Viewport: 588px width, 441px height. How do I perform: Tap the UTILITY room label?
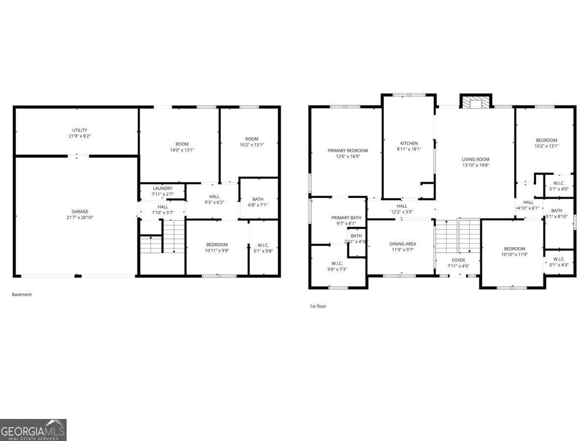click(80, 130)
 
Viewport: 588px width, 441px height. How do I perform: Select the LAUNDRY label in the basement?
click(162, 188)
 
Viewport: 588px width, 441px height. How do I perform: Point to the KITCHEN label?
click(409, 144)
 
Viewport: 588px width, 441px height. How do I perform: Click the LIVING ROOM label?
click(475, 159)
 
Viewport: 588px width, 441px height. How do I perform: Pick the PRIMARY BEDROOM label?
click(347, 150)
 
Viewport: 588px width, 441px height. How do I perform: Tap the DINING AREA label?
click(402, 244)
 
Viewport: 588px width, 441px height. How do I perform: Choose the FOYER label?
click(458, 260)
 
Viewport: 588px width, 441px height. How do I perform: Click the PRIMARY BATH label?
click(346, 218)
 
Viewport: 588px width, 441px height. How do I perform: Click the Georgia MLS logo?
click(33, 430)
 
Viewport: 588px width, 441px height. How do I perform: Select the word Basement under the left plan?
click(22, 294)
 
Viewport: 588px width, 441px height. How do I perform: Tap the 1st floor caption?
click(318, 306)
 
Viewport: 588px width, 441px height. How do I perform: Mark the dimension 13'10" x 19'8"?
click(475, 165)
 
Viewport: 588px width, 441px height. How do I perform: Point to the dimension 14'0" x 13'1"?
click(182, 150)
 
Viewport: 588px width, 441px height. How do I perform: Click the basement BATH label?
click(258, 199)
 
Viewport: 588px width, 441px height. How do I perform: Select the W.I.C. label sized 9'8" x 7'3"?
click(337, 263)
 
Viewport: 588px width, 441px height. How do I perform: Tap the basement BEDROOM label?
click(217, 245)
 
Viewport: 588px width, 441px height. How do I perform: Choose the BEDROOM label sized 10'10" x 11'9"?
click(513, 249)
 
